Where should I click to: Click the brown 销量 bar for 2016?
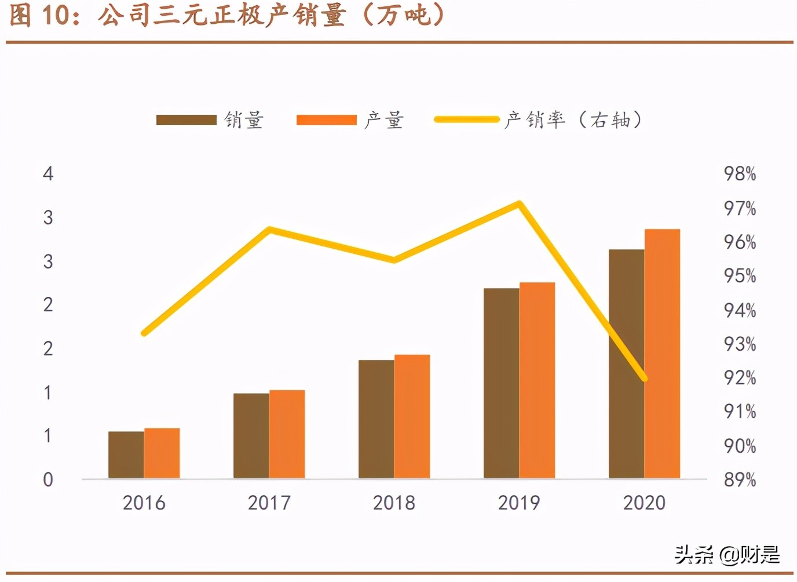click(x=126, y=455)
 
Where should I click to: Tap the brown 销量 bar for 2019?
click(x=502, y=383)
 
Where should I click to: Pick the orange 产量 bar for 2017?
click(x=287, y=434)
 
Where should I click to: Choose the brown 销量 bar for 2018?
click(x=376, y=419)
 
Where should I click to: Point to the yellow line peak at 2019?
click(x=520, y=203)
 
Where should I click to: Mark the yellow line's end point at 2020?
click(x=644, y=379)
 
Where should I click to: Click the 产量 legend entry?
click(x=350, y=120)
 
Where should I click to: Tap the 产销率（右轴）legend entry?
click(x=539, y=120)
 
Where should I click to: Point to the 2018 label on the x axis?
click(x=394, y=503)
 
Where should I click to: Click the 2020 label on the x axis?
click(x=644, y=503)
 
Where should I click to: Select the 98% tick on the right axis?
click(x=740, y=174)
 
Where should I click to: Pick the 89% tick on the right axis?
click(x=740, y=480)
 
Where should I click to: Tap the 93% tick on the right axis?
click(x=740, y=344)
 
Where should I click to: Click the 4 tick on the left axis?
click(x=48, y=174)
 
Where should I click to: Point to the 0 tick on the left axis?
click(x=48, y=480)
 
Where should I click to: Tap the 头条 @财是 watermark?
click(x=727, y=555)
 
